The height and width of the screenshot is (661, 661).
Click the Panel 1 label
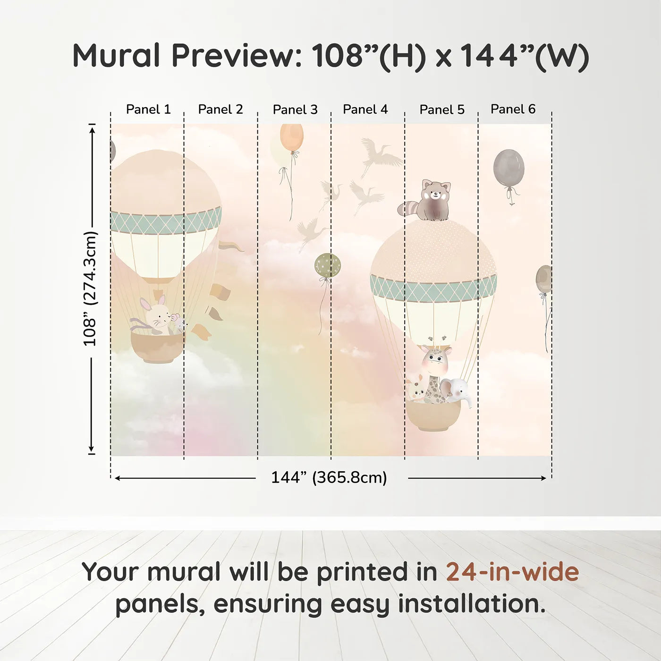click(148, 109)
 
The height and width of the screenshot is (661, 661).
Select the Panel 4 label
click(365, 109)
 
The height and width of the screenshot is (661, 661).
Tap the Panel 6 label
click(513, 109)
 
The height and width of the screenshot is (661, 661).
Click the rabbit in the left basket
click(156, 315)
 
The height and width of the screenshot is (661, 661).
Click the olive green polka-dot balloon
click(327, 265)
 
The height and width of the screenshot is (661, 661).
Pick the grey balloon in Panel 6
click(508, 169)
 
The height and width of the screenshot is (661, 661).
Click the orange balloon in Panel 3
click(291, 137)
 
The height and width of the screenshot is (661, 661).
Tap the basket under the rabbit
click(157, 347)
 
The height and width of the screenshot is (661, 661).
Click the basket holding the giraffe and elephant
click(433, 415)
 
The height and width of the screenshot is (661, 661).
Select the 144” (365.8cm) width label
click(329, 477)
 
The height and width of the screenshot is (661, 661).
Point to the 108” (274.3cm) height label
click(90, 288)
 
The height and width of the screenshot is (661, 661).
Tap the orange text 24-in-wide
click(512, 572)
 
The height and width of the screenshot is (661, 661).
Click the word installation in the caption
click(471, 604)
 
